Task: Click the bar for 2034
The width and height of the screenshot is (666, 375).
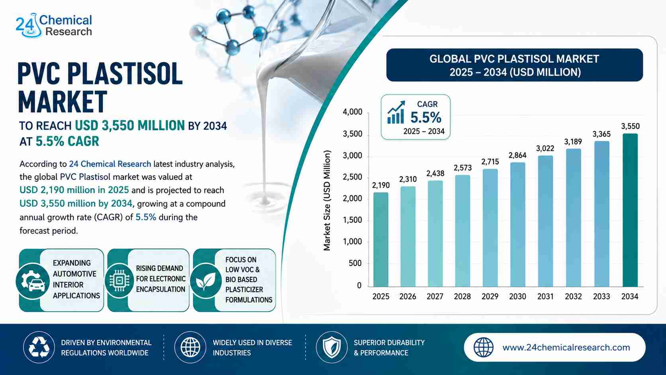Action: (630, 210)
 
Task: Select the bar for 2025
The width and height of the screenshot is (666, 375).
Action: (381, 240)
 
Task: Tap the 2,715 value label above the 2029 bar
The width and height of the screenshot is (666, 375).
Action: (490, 162)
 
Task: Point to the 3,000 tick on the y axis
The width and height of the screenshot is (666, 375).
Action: (353, 156)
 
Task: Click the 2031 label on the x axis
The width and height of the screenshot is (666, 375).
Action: (545, 296)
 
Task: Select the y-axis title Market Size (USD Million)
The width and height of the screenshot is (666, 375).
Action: (327, 200)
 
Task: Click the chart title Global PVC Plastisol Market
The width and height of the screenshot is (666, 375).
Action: (514, 59)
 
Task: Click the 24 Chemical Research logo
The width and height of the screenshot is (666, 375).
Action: (54, 26)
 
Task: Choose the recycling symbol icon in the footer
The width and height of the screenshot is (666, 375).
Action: (39, 348)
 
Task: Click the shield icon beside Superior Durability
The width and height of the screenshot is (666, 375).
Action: (331, 348)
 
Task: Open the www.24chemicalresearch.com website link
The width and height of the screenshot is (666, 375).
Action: (566, 348)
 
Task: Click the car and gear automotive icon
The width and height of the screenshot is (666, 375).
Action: (33, 281)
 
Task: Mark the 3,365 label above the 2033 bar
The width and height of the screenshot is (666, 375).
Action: (601, 134)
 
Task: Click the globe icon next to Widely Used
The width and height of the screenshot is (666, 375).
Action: (190, 348)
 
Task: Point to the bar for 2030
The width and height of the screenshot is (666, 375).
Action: (518, 224)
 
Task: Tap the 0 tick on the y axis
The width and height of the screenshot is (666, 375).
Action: (359, 285)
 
